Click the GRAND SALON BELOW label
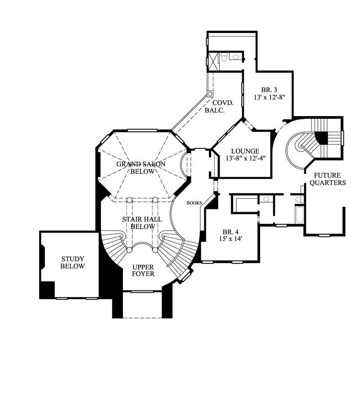pos(141,168)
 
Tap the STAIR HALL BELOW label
pos(143,223)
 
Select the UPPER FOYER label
pos(143,270)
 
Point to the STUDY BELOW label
pos(73,263)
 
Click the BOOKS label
pos(194,203)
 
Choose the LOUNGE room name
pos(245,151)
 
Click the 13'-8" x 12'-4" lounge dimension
pos(245,158)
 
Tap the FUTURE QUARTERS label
pos(330,179)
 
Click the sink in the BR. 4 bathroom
pos(266,199)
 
